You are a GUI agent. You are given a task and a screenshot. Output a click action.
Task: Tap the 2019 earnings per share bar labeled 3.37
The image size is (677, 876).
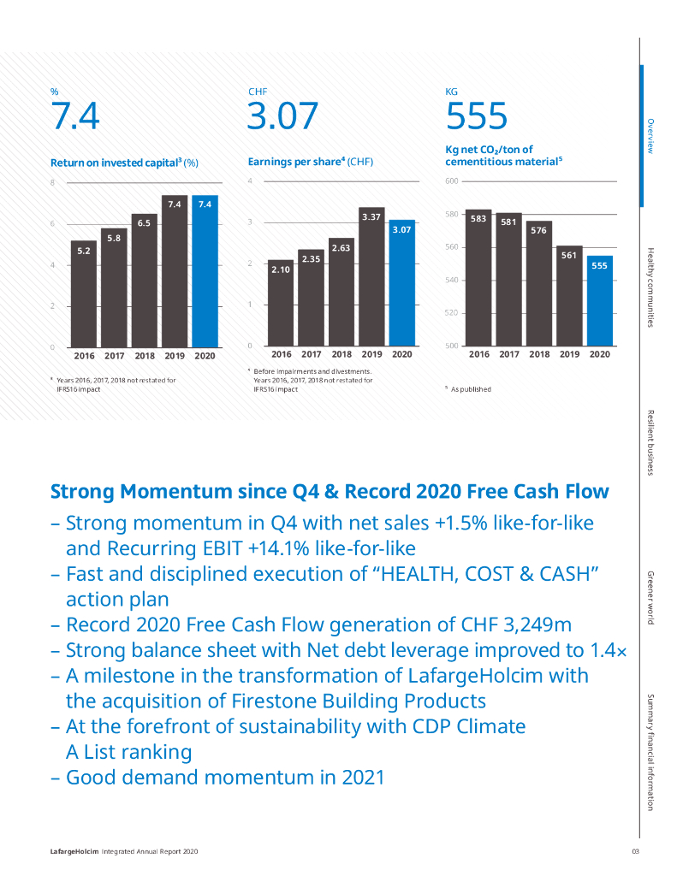[371, 278]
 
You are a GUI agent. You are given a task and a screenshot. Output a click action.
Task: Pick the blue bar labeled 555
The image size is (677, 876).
[600, 304]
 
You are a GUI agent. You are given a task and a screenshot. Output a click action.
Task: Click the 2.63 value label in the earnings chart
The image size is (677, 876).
[341, 248]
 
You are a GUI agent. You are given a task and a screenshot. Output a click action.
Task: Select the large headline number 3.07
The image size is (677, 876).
[282, 116]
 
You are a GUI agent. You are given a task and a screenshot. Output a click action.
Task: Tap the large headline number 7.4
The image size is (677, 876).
[75, 116]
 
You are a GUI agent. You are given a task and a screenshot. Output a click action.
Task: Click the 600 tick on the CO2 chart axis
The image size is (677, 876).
[452, 181]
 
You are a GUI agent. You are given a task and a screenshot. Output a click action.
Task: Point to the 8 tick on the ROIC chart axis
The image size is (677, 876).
[52, 183]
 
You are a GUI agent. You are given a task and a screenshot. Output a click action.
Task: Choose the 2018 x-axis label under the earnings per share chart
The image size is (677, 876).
[341, 354]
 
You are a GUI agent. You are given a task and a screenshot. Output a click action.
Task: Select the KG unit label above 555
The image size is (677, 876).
[452, 91]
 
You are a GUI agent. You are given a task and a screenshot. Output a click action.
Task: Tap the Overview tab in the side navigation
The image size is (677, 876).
[650, 135]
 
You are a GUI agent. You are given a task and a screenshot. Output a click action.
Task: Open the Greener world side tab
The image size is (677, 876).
[650, 595]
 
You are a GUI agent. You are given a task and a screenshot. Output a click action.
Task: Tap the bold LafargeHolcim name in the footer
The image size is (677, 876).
[74, 851]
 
